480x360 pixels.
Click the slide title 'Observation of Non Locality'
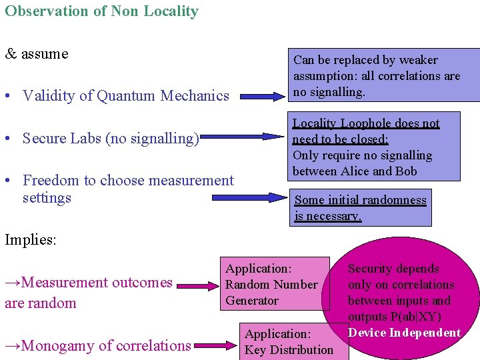[x=101, y=11]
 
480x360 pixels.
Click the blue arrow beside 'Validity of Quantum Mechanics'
[x=261, y=97]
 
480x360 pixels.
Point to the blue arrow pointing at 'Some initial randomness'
[x=249, y=197]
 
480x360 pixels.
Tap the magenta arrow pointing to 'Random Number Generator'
[x=197, y=285]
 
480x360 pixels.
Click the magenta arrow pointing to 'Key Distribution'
[x=216, y=345]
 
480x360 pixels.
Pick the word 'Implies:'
[x=31, y=240]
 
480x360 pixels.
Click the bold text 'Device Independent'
[x=404, y=333]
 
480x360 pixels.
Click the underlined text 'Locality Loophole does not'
[x=366, y=123]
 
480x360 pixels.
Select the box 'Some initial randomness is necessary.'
[x=360, y=208]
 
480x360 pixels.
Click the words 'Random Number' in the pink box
[x=271, y=285]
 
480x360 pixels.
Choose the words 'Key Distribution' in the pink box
[x=289, y=349]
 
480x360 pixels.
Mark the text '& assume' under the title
[x=37, y=54]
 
